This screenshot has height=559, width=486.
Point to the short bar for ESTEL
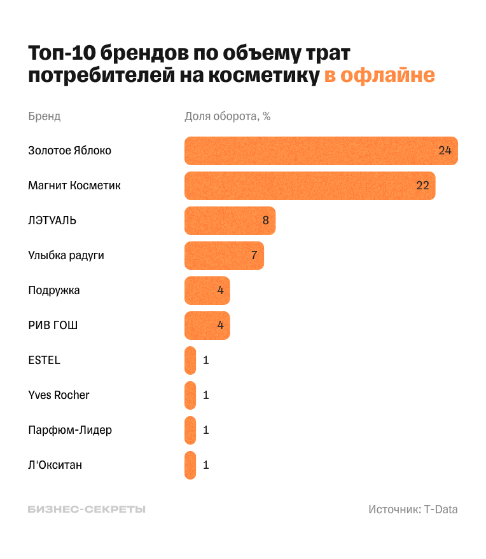pyautogui.click(x=190, y=360)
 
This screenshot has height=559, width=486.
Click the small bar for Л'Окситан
pyautogui.click(x=190, y=465)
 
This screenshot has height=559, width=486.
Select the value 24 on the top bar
pyautogui.click(x=445, y=151)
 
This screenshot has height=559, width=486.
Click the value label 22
pyautogui.click(x=422, y=185)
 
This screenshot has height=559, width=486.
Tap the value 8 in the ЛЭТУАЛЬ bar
pyautogui.click(x=265, y=220)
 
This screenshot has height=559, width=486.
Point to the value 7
pyautogui.click(x=254, y=255)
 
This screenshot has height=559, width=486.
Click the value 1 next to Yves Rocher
pyautogui.click(x=205, y=395)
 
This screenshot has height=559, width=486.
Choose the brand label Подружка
pyautogui.click(x=54, y=290)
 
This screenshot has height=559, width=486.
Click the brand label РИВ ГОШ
pyautogui.click(x=53, y=325)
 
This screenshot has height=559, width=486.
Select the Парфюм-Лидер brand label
pyautogui.click(x=70, y=430)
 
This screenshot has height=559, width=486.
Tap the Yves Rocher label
pyautogui.click(x=59, y=395)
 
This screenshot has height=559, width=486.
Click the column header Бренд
pyautogui.click(x=45, y=116)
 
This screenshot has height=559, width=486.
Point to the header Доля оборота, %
pyautogui.click(x=228, y=116)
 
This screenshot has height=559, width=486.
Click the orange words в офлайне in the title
pyautogui.click(x=380, y=76)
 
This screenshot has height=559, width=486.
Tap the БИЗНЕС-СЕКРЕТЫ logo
pyautogui.click(x=87, y=509)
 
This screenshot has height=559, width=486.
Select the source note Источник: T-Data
pyautogui.click(x=413, y=509)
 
